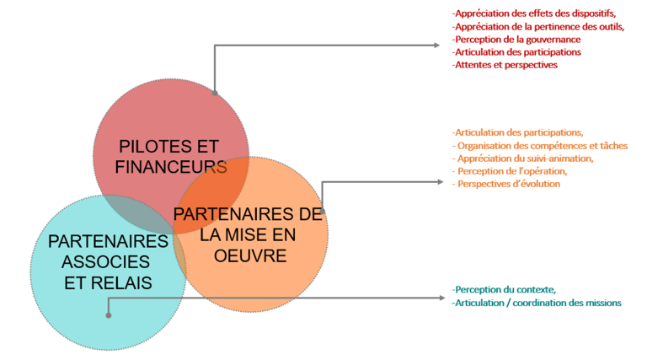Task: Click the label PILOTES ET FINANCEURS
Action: pos(170,155)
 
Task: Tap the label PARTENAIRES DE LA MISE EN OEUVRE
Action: pos(247,234)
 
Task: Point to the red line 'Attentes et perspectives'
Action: pos(505,64)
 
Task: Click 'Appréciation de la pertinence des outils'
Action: pos(538,26)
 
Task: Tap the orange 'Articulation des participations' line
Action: pos(518,132)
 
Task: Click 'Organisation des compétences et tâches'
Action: pos(541,145)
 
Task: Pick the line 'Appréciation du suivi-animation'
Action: pos(523,158)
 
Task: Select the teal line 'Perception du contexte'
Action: pos(504,290)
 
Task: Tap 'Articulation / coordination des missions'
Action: pos(537,303)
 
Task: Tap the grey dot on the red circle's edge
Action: pos(215,94)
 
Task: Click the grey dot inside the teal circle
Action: pos(109,315)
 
